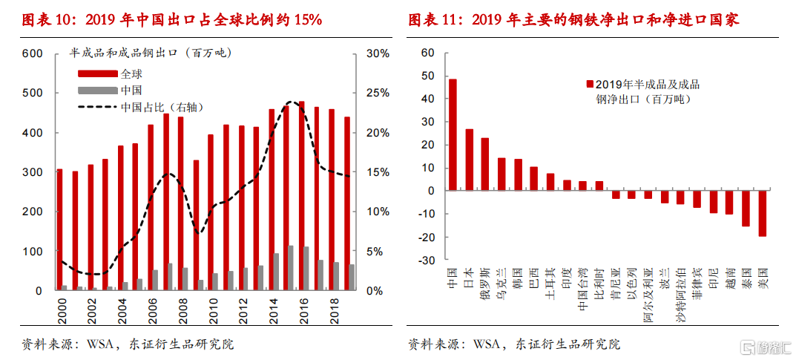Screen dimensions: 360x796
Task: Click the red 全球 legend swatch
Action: [x=98, y=73]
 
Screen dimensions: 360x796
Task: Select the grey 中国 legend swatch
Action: [x=98, y=91]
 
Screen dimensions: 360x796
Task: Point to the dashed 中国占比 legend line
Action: [x=98, y=108]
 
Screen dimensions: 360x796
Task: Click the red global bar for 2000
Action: [x=59, y=229]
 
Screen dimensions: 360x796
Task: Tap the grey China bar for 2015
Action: [x=291, y=268]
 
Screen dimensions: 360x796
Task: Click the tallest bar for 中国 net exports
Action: [x=453, y=134]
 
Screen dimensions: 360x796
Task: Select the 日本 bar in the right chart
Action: [x=469, y=160]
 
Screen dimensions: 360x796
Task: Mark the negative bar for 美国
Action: [x=762, y=213]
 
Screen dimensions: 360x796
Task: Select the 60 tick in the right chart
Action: [x=427, y=53]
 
